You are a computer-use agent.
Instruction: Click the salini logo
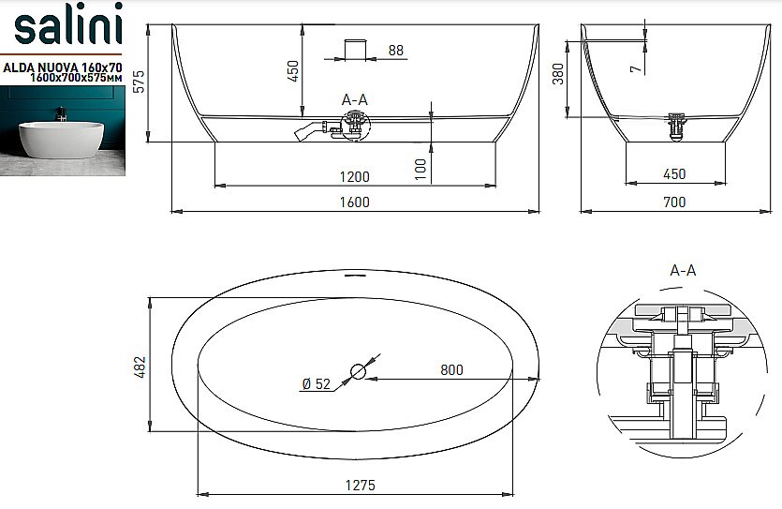click(66, 29)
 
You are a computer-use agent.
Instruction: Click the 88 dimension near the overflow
click(395, 51)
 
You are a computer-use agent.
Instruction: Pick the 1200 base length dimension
click(355, 175)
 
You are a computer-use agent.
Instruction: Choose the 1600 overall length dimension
click(355, 202)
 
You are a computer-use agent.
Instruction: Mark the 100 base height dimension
click(421, 168)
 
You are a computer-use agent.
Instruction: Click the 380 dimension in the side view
click(558, 74)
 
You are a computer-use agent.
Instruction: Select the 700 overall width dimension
click(674, 202)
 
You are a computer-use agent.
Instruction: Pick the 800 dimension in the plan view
click(451, 369)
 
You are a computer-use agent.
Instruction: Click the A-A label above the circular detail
click(684, 270)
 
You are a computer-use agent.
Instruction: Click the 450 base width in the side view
click(674, 174)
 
